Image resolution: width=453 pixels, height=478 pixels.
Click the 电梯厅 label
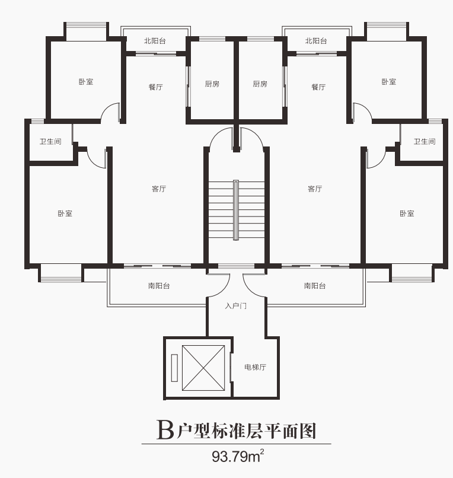tap(255, 367)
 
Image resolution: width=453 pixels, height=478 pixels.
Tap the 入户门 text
tap(235, 306)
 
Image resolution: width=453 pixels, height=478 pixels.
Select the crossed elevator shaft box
tap(203, 368)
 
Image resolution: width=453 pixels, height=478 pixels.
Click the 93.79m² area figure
tap(238, 456)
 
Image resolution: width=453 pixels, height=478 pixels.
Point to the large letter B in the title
tap(165, 430)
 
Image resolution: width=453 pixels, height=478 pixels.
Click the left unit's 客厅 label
tap(159, 189)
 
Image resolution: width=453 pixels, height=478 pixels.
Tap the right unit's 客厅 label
tap(315, 189)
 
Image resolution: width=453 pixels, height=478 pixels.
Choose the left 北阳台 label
tap(155, 41)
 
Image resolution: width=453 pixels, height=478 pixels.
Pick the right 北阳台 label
tap(316, 41)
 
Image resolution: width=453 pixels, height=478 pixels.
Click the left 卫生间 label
tap(50, 142)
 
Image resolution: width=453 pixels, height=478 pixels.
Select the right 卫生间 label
tap(425, 142)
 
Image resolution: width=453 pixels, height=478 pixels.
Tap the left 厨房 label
tap(212, 84)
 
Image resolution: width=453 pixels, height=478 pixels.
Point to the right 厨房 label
tap(260, 84)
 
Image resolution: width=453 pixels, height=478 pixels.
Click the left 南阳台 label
tap(159, 286)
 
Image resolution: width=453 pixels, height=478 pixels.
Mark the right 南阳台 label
tap(315, 286)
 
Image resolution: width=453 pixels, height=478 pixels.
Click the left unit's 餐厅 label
tap(155, 87)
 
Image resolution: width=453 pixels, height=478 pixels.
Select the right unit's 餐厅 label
tap(318, 87)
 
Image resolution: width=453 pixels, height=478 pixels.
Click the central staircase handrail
tap(236, 210)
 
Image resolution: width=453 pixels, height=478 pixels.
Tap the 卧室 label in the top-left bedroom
tap(86, 82)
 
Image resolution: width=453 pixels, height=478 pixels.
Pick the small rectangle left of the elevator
tap(174, 368)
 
